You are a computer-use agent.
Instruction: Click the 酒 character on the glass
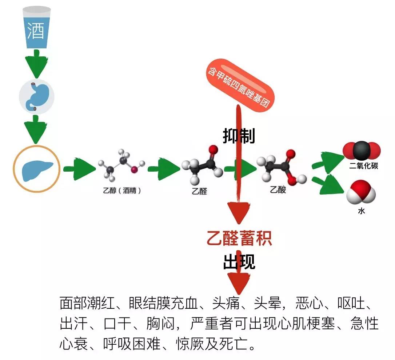35,31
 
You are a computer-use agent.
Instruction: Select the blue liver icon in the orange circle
36,169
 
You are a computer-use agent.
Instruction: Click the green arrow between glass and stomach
36,62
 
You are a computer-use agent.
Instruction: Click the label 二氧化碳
363,166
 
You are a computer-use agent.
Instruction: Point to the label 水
361,211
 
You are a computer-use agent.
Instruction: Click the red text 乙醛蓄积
239,239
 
